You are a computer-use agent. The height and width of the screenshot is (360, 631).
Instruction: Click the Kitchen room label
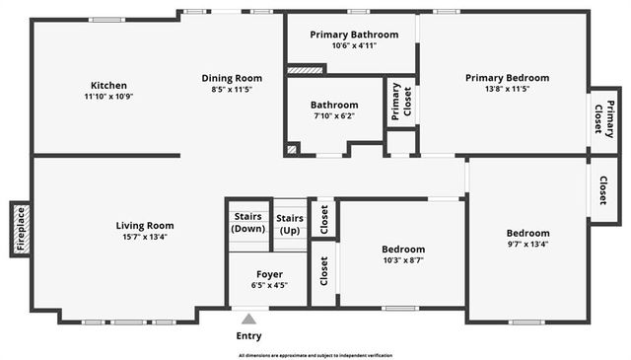[x=108, y=85]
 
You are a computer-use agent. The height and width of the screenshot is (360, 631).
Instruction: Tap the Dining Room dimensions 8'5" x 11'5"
[x=232, y=90]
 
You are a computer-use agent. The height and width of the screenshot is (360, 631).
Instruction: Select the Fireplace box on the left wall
[x=20, y=228]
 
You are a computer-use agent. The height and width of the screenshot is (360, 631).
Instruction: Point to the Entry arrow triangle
[x=249, y=319]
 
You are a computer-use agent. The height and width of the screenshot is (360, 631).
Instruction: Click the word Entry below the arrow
[x=249, y=336]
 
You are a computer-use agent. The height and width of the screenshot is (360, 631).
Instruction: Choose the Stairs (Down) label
[x=248, y=223]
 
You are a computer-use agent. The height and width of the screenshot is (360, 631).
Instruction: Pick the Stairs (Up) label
[x=290, y=223]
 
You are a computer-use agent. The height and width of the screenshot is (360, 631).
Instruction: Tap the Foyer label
[x=269, y=274]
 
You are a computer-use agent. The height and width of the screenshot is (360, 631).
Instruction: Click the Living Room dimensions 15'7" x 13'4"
[x=145, y=237]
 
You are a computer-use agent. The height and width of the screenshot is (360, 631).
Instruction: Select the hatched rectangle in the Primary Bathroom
[x=306, y=71]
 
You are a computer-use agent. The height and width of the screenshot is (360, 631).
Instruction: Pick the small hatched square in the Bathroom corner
[x=292, y=149]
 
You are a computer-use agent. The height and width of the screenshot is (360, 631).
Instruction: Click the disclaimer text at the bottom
[x=315, y=354]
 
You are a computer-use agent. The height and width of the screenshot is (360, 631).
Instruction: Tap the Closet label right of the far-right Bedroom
[x=603, y=188]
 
